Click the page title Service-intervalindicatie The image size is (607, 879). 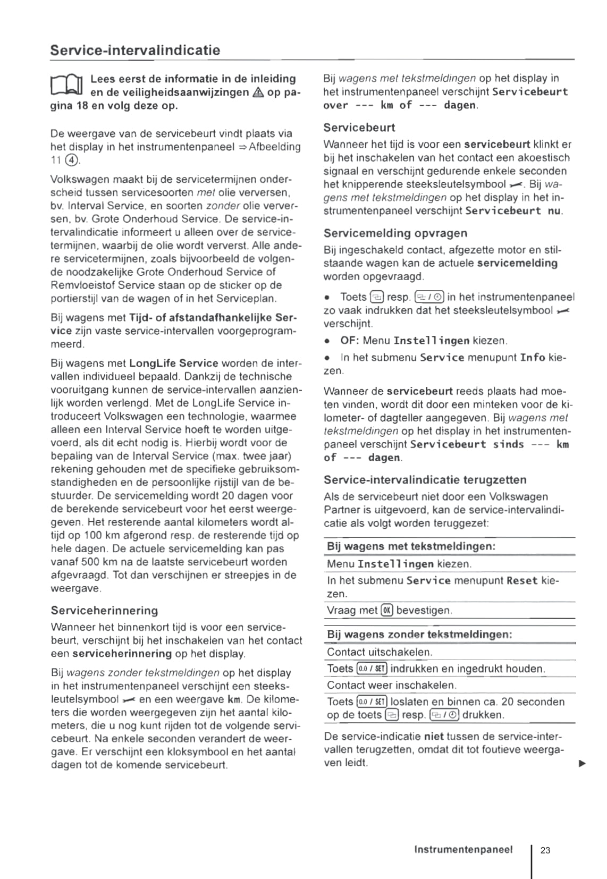click(135, 50)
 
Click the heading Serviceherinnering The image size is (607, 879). click(104, 610)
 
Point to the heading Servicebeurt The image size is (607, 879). click(359, 128)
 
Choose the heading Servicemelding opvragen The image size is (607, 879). click(395, 233)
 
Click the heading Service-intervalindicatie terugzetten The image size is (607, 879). click(425, 480)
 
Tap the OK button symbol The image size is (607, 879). click(386, 611)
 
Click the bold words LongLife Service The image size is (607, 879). click(174, 364)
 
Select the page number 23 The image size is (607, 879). click(545, 850)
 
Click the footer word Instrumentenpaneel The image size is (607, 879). click(463, 849)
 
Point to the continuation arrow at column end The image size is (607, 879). click(582, 764)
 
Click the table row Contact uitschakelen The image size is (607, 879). click(380, 652)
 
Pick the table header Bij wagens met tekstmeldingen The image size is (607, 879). click(411, 546)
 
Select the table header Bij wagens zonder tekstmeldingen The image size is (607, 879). click(419, 635)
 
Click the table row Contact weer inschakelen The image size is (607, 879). click(392, 685)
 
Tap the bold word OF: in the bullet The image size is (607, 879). click(350, 341)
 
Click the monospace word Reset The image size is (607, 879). click(522, 581)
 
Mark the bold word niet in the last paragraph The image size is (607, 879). click(434, 737)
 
